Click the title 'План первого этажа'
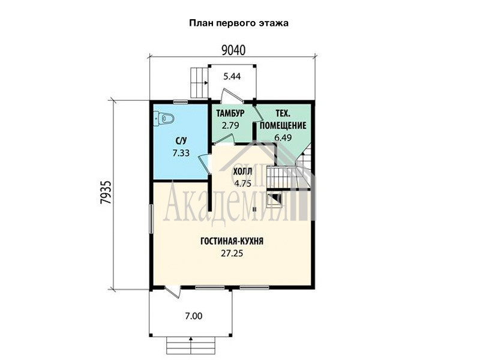click(x=238, y=23)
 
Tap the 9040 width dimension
click(x=233, y=50)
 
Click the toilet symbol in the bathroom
click(x=164, y=118)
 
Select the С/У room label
click(x=181, y=141)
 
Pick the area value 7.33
click(x=181, y=153)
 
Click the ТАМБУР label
click(x=230, y=113)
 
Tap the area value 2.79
click(x=230, y=125)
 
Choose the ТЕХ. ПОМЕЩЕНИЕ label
click(x=283, y=119)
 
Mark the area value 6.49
click(x=283, y=137)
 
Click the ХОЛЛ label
click(x=243, y=172)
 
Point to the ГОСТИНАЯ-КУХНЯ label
click(x=232, y=241)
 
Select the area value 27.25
click(x=232, y=253)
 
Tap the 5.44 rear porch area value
click(x=232, y=76)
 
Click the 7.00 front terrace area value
click(x=193, y=316)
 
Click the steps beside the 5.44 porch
click(x=199, y=82)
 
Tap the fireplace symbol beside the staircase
click(x=274, y=199)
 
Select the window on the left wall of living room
click(x=151, y=219)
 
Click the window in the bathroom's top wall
click(x=180, y=101)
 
